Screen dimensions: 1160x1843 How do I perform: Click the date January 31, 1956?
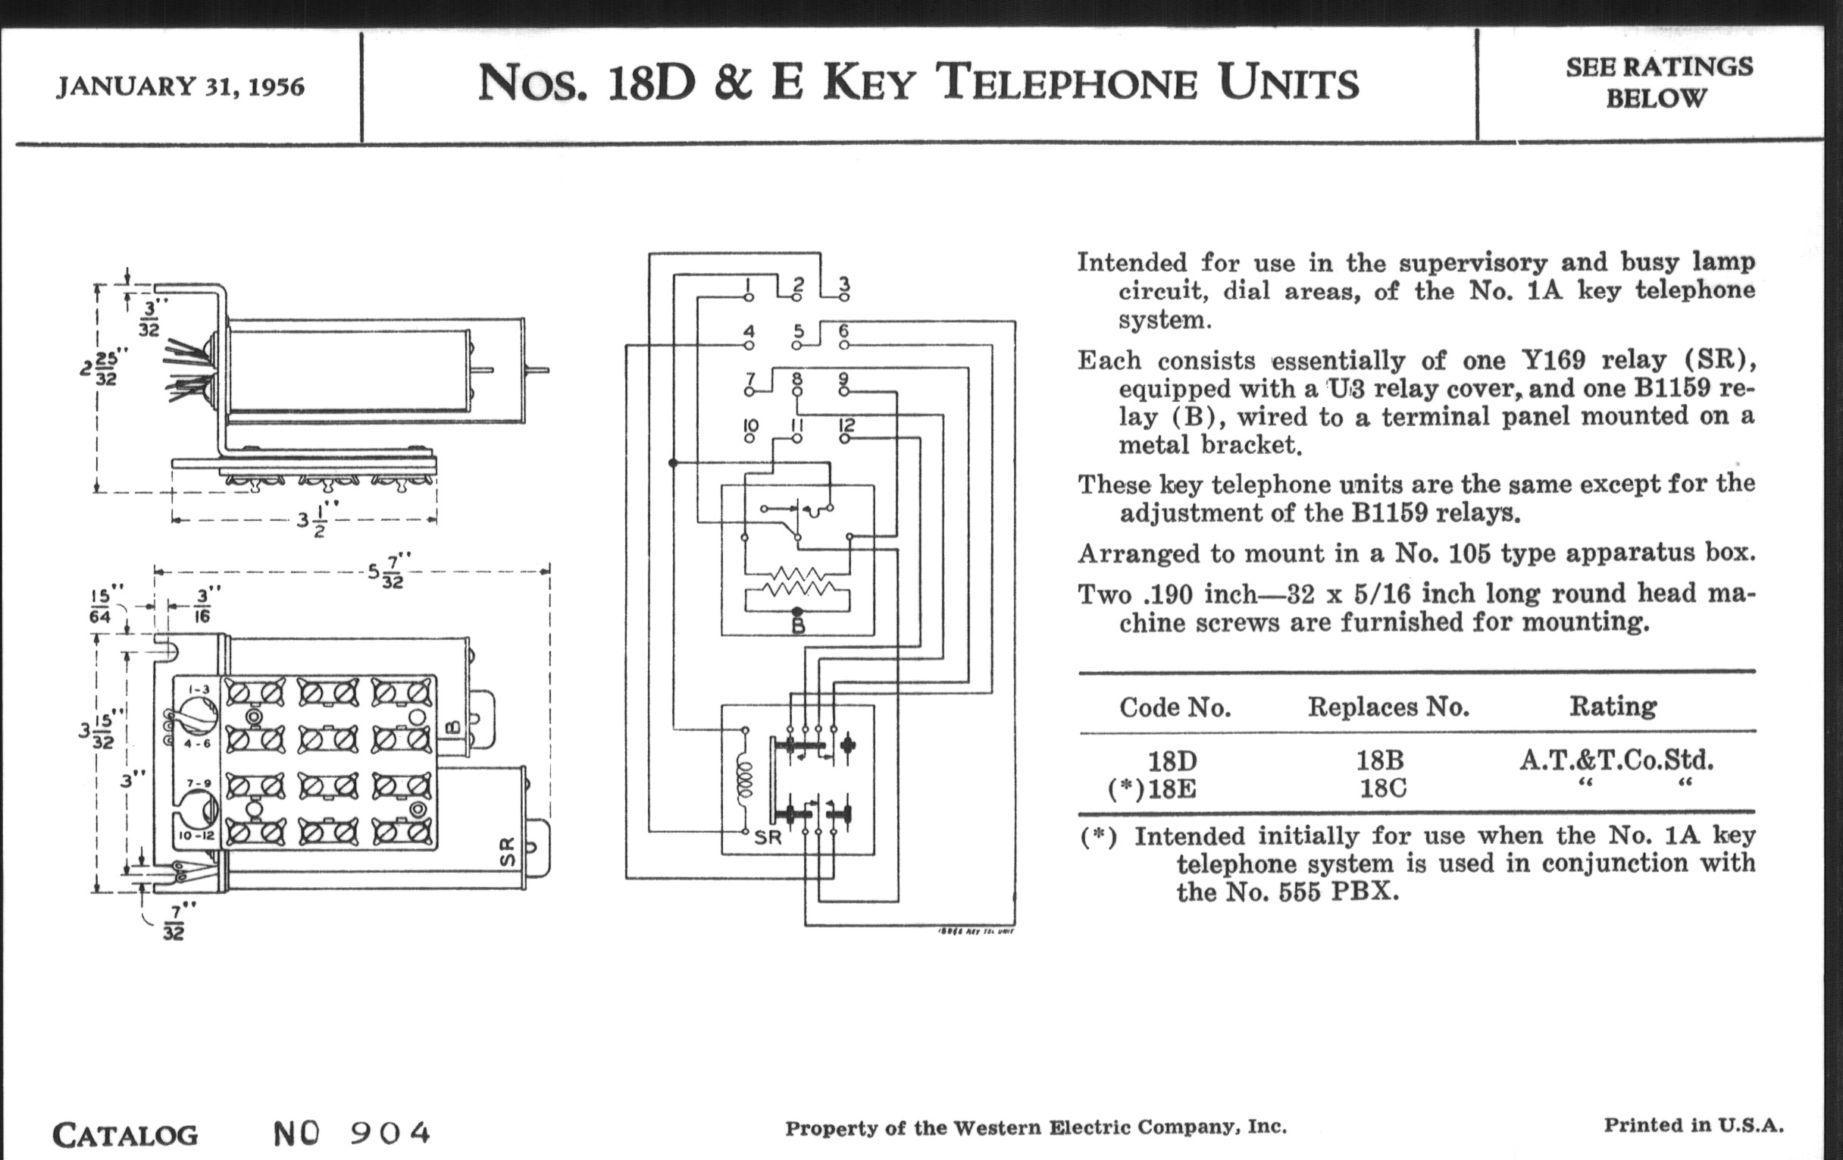[180, 86]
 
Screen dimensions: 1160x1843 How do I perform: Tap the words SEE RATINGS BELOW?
[1659, 83]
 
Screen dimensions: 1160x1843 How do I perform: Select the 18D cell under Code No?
[1172, 761]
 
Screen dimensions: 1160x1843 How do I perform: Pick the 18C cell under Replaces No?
[1382, 788]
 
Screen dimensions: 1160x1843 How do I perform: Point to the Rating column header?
[1613, 706]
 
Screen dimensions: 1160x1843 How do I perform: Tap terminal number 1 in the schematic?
[749, 284]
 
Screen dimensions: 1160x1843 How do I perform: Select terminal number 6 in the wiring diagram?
[843, 331]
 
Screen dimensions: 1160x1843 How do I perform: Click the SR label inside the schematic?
[768, 838]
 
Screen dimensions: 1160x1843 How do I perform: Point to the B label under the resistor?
[797, 626]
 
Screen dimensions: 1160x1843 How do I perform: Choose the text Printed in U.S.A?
[1693, 1125]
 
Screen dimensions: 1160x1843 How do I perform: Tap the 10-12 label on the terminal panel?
[197, 836]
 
